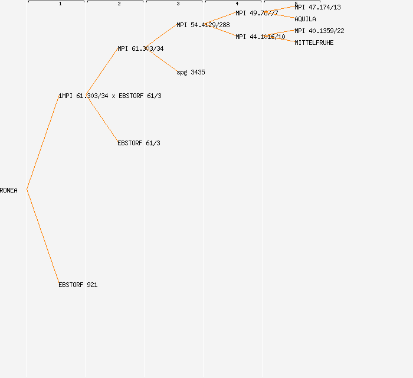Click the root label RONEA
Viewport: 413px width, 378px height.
9,190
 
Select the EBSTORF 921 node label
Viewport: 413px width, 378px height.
78,285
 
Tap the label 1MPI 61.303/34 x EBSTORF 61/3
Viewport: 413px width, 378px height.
110,96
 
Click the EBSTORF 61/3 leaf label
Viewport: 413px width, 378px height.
139,143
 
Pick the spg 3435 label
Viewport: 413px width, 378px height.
191,72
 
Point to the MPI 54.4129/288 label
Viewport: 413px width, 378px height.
203,25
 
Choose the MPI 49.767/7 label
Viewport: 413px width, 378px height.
257,13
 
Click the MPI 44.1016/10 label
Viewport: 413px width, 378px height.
260,37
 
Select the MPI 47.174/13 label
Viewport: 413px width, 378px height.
317,7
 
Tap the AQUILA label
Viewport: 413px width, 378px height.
305,19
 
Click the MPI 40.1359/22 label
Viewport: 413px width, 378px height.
319,31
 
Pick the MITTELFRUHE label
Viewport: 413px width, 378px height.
314,43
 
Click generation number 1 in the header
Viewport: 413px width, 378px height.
60,4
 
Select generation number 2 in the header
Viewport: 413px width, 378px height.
119,4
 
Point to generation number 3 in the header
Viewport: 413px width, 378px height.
178,4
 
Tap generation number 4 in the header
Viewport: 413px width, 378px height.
237,4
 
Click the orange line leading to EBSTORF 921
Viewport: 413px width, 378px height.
42,237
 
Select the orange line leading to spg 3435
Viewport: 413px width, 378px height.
160,60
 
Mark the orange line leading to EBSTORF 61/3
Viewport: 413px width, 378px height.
101,119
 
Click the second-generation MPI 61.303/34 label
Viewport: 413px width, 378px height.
140,48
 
